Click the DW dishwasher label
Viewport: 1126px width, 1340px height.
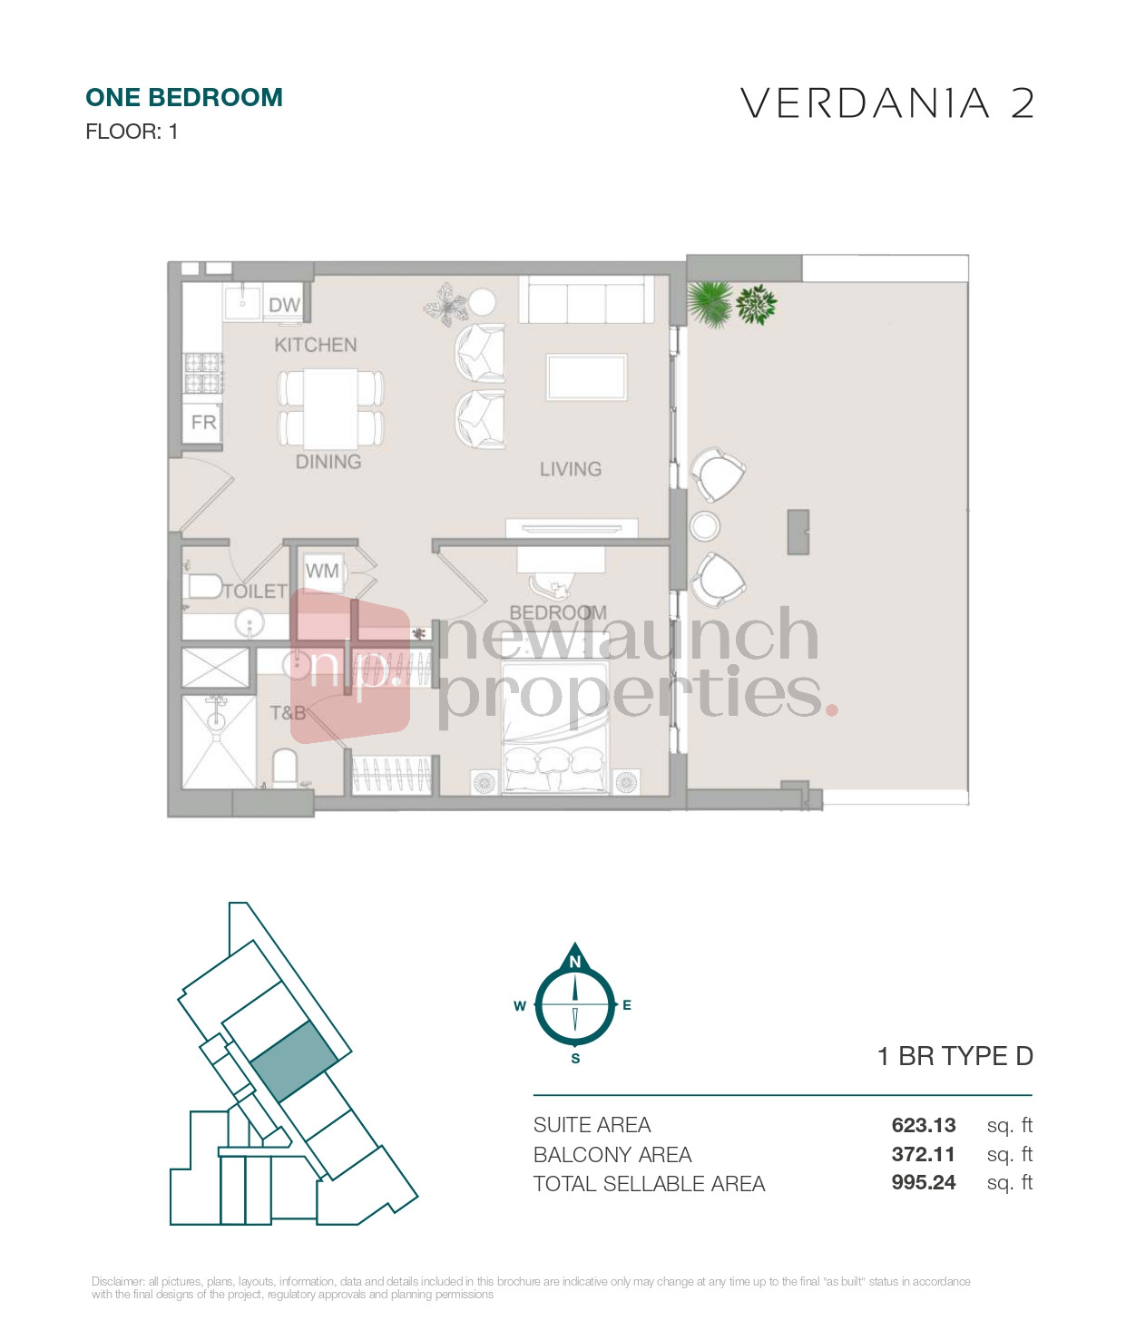click(284, 305)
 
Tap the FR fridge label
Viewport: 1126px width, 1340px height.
click(203, 422)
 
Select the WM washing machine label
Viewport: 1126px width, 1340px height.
click(322, 571)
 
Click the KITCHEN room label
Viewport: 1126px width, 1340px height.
click(315, 346)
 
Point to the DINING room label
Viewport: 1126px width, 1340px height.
click(328, 462)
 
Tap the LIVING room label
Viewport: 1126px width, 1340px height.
click(571, 469)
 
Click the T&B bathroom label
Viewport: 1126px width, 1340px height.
click(288, 712)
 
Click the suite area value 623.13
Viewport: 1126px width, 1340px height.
click(923, 1125)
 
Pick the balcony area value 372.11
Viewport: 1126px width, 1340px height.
click(923, 1155)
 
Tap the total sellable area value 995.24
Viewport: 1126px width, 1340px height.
click(923, 1183)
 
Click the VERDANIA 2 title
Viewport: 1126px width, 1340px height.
click(887, 103)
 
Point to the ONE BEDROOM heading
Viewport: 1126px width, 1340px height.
click(184, 98)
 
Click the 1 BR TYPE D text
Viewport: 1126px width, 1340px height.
click(955, 1056)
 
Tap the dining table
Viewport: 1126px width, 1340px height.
click(330, 409)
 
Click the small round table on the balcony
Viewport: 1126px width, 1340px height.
click(705, 526)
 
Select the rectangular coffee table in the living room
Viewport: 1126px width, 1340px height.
click(587, 377)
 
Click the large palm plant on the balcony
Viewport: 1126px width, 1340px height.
click(710, 304)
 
